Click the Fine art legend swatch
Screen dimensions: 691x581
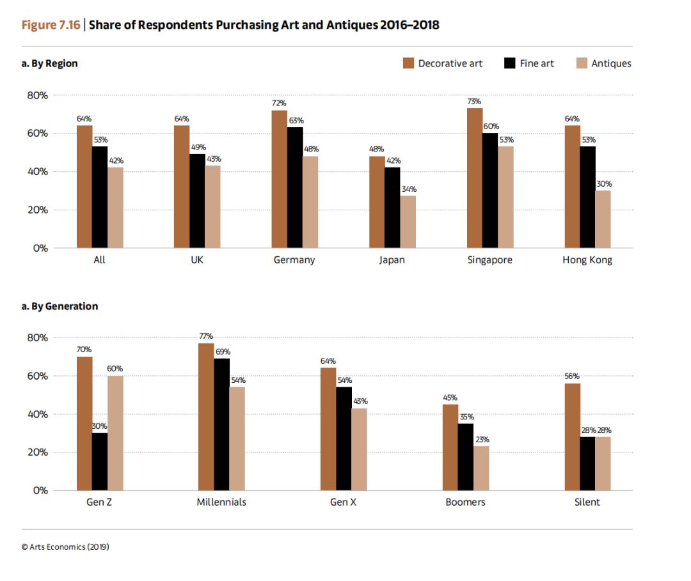(x=509, y=63)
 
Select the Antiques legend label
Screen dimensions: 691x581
(x=611, y=63)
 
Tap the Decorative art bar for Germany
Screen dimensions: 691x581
(x=279, y=179)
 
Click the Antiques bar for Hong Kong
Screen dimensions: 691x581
(x=603, y=219)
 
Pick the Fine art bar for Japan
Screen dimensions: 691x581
(x=392, y=208)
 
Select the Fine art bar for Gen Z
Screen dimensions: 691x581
(x=100, y=461)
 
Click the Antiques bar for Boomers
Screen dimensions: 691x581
(x=481, y=469)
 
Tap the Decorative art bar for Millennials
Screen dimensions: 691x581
(x=206, y=417)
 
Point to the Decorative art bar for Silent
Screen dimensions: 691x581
(x=573, y=437)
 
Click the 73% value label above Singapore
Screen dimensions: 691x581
(x=474, y=101)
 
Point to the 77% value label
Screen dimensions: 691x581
(x=206, y=336)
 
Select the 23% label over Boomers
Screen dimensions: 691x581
(x=482, y=439)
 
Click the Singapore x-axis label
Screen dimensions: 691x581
(x=489, y=260)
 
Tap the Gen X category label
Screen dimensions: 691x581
(x=343, y=502)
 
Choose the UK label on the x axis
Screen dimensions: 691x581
(x=197, y=260)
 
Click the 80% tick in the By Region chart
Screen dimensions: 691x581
(x=38, y=95)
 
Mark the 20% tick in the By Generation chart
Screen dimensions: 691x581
(x=38, y=453)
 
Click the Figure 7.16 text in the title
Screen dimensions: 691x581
(x=51, y=25)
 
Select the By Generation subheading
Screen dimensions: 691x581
(x=65, y=306)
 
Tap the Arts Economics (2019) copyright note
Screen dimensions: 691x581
(x=65, y=546)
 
